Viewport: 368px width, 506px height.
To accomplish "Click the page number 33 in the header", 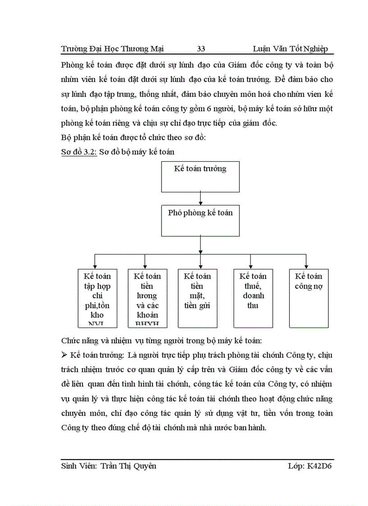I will (x=201, y=49).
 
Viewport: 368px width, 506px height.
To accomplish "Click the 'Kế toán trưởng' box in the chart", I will (x=200, y=176).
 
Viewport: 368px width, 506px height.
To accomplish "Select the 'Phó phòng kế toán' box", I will (x=200, y=220).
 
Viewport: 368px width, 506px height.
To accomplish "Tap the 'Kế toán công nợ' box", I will (x=308, y=298).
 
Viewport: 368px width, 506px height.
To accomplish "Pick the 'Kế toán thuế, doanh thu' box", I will (x=253, y=298).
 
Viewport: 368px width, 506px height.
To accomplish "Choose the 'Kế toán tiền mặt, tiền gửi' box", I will (x=198, y=298).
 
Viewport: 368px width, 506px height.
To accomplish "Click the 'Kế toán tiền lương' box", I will (x=147, y=298).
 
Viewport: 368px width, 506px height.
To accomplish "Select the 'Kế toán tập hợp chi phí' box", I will (x=97, y=298).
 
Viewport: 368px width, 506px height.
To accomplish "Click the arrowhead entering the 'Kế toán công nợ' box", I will (x=306, y=266).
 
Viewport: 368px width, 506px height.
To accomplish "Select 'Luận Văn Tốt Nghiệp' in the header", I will (x=290, y=49).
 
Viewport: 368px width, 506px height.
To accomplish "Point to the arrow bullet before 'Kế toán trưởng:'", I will (x=64, y=356).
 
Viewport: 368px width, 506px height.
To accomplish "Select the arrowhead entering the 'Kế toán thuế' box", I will (x=250, y=266).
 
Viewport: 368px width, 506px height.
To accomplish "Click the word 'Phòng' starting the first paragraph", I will (x=72, y=65).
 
